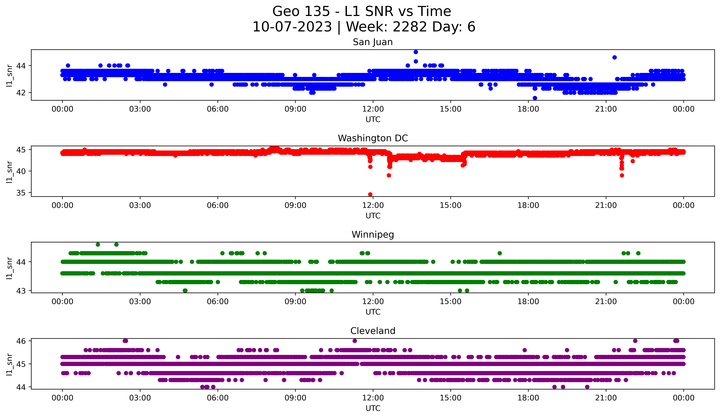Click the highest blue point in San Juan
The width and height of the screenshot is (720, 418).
(x=416, y=52)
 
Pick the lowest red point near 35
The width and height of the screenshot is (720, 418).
(x=370, y=194)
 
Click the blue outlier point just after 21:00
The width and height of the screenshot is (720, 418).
(x=615, y=57)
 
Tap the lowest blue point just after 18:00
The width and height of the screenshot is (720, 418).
(x=535, y=98)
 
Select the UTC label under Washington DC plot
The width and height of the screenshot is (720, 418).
(x=373, y=216)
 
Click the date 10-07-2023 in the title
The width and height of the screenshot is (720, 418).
(x=292, y=27)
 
